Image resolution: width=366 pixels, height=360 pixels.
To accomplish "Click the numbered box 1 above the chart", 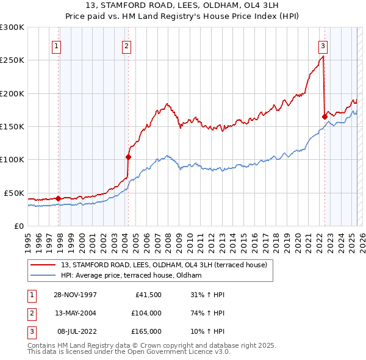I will click(56, 45).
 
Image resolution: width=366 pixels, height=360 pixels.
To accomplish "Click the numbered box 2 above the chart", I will click(126, 45).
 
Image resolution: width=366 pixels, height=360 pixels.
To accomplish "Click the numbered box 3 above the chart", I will click(323, 45).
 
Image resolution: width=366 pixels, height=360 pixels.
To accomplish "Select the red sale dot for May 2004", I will click(129, 157).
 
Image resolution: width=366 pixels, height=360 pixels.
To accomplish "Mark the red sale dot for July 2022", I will click(325, 117).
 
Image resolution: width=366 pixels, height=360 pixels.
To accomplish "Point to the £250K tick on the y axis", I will click(12, 60).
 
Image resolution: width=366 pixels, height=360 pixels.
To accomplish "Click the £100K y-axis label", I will click(12, 160).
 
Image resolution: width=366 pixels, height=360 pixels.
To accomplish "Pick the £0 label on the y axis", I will click(18, 226).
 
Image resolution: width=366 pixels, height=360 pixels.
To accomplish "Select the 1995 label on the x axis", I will click(28, 239).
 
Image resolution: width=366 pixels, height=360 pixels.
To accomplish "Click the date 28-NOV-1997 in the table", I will click(75, 295).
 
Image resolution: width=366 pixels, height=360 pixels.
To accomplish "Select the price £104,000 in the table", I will click(146, 313).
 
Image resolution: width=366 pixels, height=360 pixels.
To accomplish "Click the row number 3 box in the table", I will click(30, 331).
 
